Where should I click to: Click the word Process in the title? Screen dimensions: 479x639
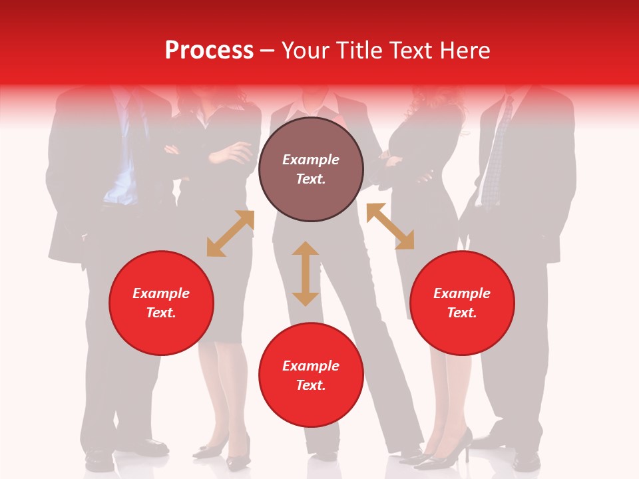click(209, 51)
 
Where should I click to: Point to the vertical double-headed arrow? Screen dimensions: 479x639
click(306, 273)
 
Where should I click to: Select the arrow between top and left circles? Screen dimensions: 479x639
click(230, 234)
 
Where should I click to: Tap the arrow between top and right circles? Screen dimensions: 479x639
click(390, 226)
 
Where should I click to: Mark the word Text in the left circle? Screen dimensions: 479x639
click(161, 313)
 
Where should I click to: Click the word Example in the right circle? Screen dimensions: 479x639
click(462, 293)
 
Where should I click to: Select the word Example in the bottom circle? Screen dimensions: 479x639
click(311, 366)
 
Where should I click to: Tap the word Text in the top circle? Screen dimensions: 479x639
click(311, 179)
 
